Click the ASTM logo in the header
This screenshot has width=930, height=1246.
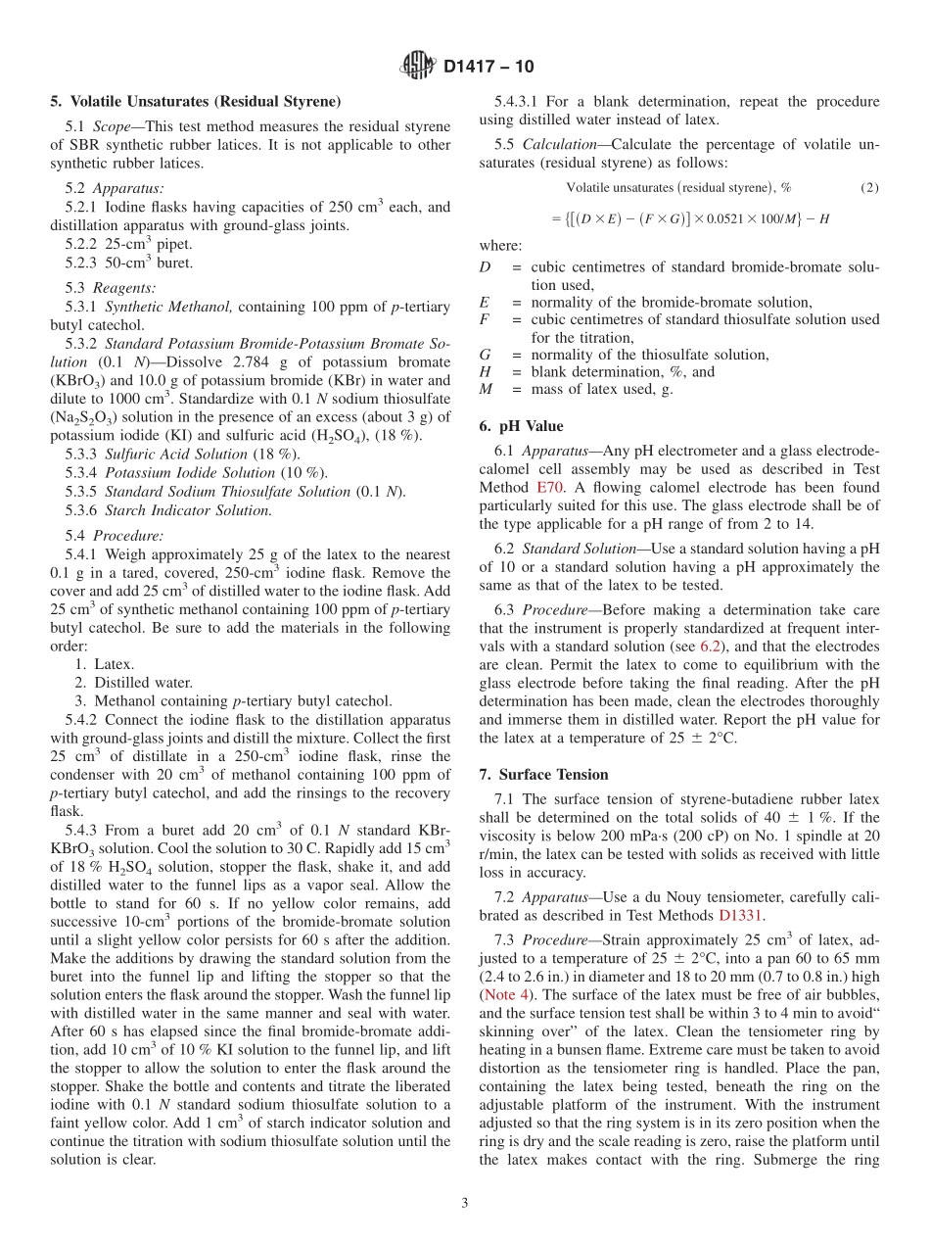(x=418, y=67)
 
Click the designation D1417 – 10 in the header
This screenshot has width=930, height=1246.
(x=488, y=68)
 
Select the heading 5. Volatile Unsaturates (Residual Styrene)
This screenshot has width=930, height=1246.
(x=195, y=101)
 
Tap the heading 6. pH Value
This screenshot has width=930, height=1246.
(x=521, y=426)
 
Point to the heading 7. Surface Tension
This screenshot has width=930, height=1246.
(x=543, y=774)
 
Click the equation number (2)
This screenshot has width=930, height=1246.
(x=868, y=186)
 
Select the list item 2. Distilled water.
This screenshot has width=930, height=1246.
(x=134, y=683)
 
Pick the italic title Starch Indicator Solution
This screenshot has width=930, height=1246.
(x=188, y=510)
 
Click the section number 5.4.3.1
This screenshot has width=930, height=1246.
(x=523, y=101)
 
